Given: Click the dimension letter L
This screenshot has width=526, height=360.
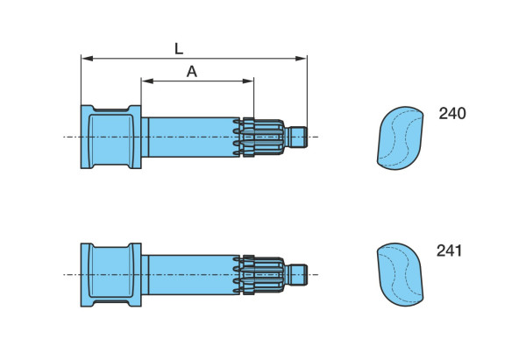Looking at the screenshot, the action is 179,49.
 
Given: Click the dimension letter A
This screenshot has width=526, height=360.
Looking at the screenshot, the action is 191,72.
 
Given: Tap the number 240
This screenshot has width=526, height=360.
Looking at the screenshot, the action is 452,113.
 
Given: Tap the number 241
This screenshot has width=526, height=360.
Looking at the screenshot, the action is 449,251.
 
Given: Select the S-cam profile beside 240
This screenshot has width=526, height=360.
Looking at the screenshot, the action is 401,138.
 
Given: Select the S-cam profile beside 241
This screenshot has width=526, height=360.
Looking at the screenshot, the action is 401,274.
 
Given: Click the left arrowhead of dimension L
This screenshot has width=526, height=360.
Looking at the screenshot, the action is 87,59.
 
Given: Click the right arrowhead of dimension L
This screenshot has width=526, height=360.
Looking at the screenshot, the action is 301,59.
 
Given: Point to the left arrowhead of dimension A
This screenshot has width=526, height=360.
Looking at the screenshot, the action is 147,81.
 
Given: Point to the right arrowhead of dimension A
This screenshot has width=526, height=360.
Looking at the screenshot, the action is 248,81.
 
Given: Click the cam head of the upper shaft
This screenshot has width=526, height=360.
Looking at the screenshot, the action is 111,137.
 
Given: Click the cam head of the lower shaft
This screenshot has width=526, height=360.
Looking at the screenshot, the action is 111,275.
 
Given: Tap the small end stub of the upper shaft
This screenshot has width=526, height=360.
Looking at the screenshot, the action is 298,138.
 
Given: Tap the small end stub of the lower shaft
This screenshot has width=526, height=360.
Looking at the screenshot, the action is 298,275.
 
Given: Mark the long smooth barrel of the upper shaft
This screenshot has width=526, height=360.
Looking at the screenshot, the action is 194,137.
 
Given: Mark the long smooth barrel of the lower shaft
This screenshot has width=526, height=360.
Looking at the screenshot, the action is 194,275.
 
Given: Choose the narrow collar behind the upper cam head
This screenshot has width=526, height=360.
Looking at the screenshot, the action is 145,137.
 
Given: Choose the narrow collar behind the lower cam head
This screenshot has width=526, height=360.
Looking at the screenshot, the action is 145,275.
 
